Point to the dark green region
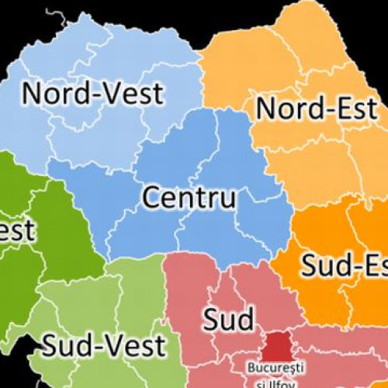click(x=47, y=233)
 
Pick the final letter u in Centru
click(x=227, y=199)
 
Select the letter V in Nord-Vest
click(x=108, y=93)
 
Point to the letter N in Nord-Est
click(x=266, y=109)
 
